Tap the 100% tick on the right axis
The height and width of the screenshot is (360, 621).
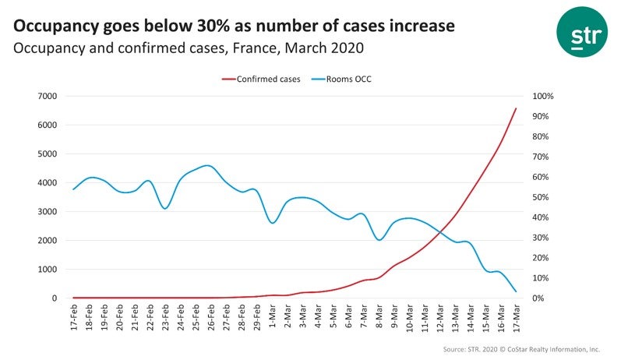542,96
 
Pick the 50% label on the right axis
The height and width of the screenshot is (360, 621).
540,197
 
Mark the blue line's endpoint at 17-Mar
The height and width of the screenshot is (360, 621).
516,291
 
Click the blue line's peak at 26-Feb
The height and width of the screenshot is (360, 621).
206,165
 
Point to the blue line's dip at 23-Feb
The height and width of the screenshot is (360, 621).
165,208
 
